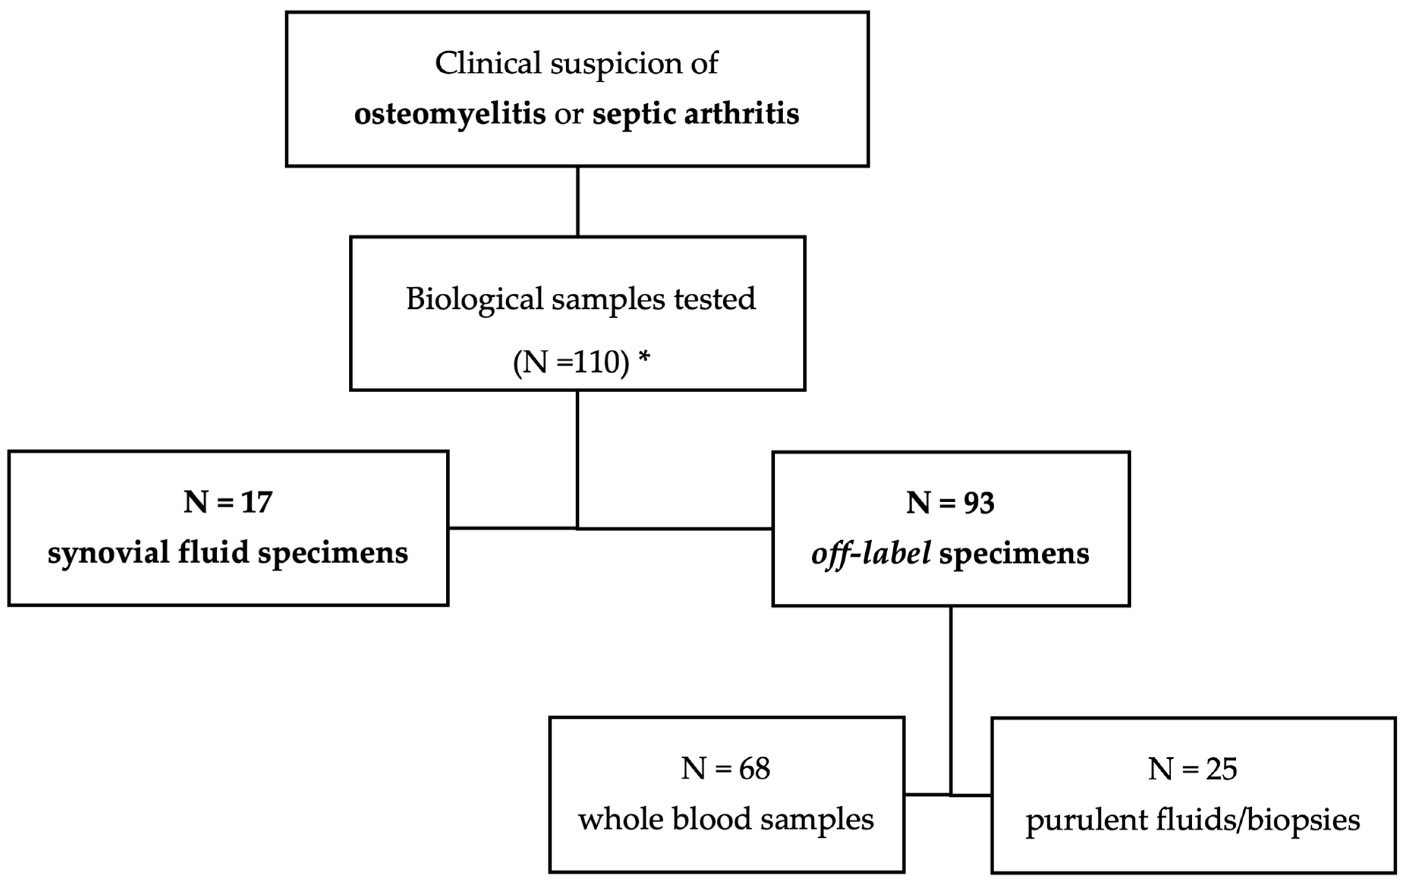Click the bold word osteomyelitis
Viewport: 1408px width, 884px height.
pos(450,114)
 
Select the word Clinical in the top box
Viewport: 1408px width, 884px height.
pos(488,63)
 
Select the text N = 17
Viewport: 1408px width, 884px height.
pos(228,502)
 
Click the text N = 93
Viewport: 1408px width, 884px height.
pos(950,502)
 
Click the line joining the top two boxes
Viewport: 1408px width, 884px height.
pos(578,202)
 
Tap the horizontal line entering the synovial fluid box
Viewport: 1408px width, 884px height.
pos(512,528)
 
